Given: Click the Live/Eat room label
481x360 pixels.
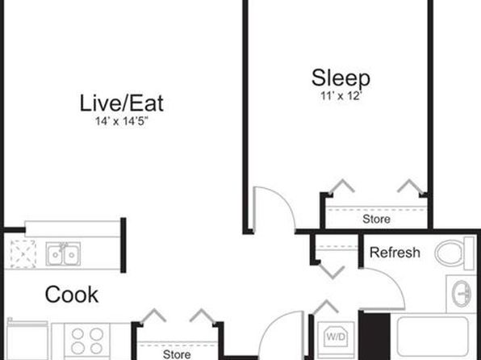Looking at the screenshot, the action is (122, 103).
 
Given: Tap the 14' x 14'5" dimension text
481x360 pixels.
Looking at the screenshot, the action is (122, 122).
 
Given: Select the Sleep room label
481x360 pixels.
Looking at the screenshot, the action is (341, 78).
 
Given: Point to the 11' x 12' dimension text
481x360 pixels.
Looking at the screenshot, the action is (340, 96).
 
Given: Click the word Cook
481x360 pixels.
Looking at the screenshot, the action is (72, 295).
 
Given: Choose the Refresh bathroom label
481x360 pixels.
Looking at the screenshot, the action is (395, 253).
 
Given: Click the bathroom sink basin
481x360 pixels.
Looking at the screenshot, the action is (462, 294).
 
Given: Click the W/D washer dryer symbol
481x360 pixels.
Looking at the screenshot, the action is (336, 337).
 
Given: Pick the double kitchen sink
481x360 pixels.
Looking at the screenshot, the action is (63, 253).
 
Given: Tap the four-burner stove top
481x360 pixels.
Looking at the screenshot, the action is (87, 341).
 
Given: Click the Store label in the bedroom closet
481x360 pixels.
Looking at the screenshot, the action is (376, 219).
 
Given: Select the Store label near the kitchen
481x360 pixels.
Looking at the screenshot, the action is (177, 354).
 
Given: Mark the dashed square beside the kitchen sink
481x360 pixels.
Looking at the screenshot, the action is (23, 254).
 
